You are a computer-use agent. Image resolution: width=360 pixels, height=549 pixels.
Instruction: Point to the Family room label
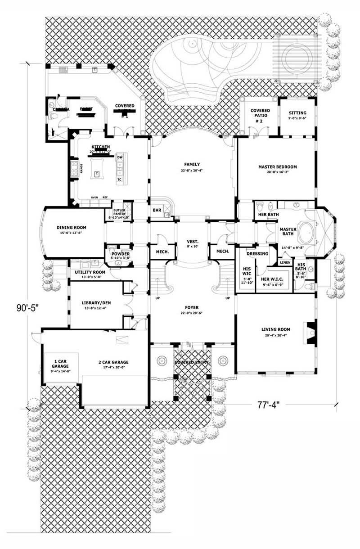[192, 164]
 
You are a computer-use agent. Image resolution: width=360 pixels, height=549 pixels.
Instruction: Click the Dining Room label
[71, 228]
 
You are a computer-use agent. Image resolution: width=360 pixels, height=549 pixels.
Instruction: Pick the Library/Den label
[96, 302]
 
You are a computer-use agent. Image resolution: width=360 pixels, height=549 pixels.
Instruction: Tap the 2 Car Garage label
[113, 362]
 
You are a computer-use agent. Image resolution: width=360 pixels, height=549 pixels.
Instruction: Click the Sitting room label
[297, 113]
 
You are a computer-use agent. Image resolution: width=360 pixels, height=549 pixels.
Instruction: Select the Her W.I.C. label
[272, 279]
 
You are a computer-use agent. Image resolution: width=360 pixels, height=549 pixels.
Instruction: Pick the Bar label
[157, 210]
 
